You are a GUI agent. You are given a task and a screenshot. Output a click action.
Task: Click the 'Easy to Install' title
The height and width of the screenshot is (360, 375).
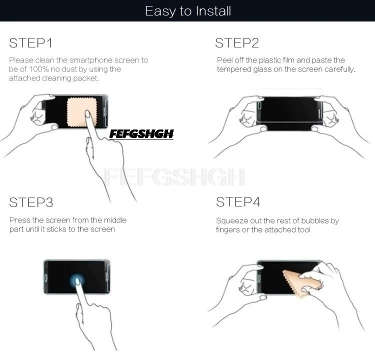click(188, 11)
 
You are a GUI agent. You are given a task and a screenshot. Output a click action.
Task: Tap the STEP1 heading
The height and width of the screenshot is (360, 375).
click(30, 43)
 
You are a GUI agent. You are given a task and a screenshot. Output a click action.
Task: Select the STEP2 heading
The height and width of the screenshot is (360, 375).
click(237, 43)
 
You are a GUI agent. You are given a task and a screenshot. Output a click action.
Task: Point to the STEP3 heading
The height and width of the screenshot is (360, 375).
click(31, 202)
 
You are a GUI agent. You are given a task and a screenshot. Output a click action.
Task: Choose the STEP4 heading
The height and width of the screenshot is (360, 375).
click(238, 202)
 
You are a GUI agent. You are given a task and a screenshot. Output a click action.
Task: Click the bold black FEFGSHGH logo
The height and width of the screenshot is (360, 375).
click(141, 134)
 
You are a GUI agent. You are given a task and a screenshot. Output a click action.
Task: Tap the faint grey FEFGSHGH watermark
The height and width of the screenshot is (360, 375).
click(174, 177)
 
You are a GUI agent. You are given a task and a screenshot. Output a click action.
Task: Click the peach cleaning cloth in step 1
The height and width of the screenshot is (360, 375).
click(82, 112)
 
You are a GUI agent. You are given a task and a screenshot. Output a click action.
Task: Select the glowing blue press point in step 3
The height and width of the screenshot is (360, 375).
click(77, 280)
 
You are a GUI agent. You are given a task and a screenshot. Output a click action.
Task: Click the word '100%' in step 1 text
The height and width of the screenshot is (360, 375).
click(39, 69)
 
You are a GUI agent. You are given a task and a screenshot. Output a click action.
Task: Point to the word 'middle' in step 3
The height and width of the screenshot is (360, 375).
click(115, 220)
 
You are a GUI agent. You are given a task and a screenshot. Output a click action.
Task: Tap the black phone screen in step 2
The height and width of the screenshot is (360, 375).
click(289, 113)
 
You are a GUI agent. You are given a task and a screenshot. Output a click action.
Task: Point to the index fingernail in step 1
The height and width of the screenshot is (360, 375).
click(87, 114)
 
